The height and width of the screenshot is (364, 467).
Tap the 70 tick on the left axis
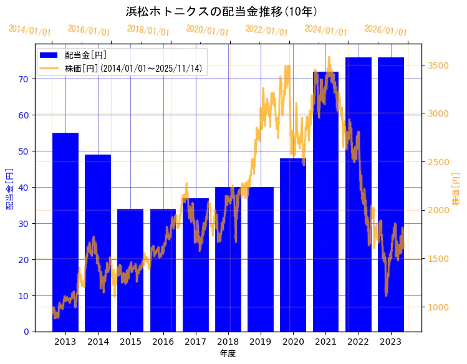click(23, 79)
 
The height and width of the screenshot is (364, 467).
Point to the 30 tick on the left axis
click(23, 223)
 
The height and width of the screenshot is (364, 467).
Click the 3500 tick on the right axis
click(439, 65)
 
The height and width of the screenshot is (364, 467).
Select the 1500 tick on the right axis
click(439, 259)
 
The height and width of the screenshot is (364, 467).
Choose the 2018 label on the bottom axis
click(228, 342)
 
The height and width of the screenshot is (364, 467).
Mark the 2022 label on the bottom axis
click(359, 342)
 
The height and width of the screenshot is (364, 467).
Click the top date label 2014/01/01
click(30, 30)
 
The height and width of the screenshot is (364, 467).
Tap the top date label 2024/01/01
click(326, 30)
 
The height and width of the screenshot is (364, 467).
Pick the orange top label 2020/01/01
click(208, 30)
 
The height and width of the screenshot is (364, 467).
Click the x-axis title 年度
click(228, 353)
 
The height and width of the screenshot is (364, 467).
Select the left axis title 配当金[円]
click(9, 188)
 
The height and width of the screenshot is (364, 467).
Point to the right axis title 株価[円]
click(456, 189)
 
